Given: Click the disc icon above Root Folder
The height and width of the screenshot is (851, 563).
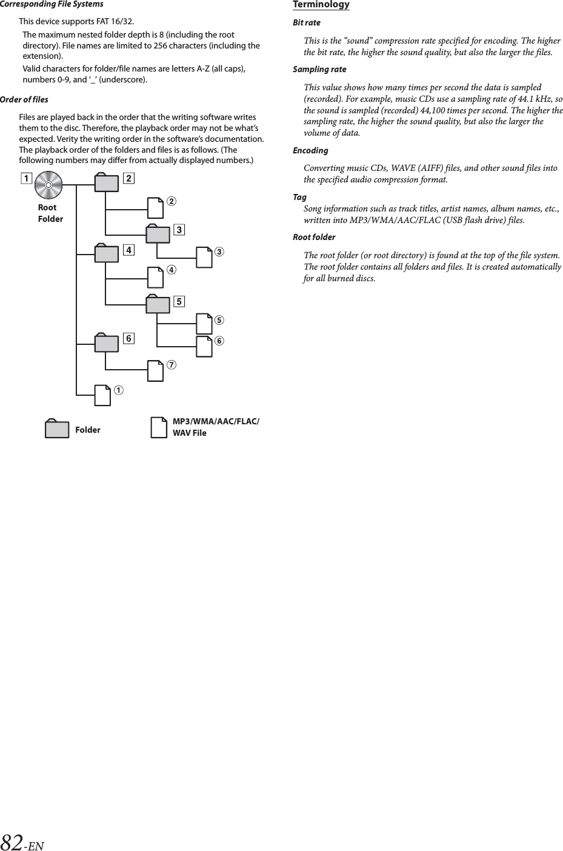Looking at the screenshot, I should tap(48, 185).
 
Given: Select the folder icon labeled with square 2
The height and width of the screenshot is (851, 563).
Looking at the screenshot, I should tap(106, 183).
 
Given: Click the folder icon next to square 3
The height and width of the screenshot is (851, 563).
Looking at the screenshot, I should tap(158, 234).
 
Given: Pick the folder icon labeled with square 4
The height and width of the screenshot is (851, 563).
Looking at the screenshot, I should tap(106, 253).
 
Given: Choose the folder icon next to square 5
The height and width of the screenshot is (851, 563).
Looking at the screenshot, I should tap(158, 304).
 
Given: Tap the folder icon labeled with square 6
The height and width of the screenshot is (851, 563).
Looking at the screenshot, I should tap(106, 342).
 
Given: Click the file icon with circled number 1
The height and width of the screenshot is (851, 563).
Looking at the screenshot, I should tap(103, 395).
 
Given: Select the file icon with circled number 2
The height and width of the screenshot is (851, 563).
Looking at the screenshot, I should tap(156, 208).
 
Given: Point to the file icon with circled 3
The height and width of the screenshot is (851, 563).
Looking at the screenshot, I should tap(204, 258).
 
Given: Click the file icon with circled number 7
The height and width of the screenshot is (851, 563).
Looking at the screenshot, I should tap(156, 372).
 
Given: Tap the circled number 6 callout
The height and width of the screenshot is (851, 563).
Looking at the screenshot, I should tap(219, 341).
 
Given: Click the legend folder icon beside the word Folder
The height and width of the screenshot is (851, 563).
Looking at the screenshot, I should tap(57, 429).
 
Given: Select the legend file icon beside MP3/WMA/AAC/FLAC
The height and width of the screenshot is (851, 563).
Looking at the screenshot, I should tap(159, 427).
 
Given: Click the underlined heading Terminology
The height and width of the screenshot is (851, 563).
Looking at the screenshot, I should tap(321, 5).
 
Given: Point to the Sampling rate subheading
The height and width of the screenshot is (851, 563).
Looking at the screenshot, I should tap(319, 69).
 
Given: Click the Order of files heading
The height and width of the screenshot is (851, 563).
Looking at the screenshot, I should tap(24, 99).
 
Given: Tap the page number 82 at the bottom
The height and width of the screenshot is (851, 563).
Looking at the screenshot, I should tap(12, 842).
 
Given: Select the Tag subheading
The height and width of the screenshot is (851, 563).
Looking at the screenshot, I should tap(299, 197).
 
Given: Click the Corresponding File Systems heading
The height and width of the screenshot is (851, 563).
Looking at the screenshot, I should tap(52, 4).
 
